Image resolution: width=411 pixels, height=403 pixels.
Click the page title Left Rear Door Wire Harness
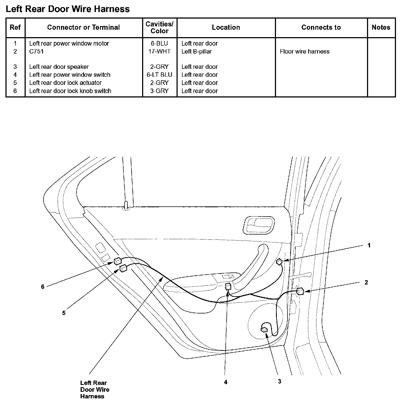[67, 9]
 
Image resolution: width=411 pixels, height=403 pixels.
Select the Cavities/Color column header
[160, 28]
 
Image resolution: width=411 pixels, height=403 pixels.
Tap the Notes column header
[381, 27]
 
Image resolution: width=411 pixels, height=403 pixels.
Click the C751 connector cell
[36, 51]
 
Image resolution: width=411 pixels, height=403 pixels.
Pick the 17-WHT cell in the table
[160, 51]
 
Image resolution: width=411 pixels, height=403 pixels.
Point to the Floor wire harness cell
[304, 51]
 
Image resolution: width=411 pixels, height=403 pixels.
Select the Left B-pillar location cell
[196, 51]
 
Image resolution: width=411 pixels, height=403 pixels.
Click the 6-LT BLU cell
[160, 75]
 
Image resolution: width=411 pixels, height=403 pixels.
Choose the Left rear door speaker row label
[59, 67]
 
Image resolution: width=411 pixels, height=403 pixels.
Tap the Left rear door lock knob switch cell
[70, 91]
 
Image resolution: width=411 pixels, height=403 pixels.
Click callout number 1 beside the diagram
[369, 245]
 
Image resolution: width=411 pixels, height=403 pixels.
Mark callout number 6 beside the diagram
[43, 287]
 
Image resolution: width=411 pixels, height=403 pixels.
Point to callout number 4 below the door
[225, 382]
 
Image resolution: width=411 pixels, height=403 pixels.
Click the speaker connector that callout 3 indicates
[264, 329]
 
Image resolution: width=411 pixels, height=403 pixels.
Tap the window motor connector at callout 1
[279, 262]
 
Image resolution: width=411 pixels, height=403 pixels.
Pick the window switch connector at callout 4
[228, 286]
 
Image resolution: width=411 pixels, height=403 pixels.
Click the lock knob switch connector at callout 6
[118, 261]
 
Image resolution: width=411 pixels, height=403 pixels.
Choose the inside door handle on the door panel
[259, 225]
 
